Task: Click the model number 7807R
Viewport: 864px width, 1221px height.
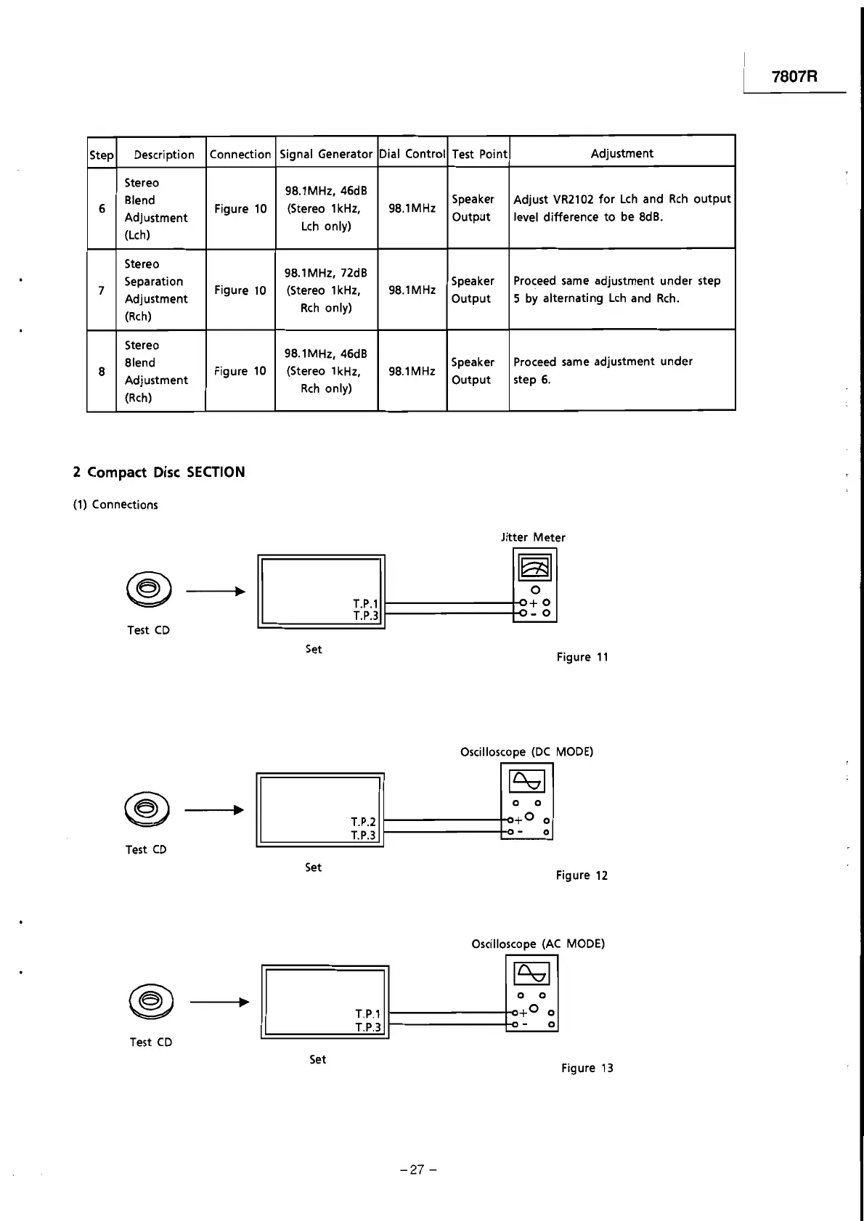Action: [794, 76]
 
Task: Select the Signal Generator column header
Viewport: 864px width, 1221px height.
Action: [326, 154]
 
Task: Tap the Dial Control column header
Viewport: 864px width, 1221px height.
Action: [412, 154]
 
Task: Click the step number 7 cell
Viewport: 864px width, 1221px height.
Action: [102, 290]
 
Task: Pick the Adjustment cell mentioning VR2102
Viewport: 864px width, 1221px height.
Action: [621, 208]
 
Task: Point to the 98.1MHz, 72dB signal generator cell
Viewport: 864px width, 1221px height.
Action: [326, 290]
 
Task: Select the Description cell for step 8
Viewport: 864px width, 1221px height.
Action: [155, 371]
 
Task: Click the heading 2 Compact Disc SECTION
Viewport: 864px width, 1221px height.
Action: [159, 473]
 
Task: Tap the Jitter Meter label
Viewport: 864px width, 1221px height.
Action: [533, 538]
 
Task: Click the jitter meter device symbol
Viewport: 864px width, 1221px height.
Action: [535, 585]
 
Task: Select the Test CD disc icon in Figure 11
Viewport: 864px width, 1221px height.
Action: [148, 589]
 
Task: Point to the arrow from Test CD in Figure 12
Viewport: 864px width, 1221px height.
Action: [214, 810]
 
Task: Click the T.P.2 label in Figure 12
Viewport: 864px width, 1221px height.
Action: [363, 822]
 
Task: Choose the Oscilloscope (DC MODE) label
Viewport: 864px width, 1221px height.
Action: [526, 752]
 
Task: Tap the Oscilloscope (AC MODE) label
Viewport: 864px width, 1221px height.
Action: [538, 944]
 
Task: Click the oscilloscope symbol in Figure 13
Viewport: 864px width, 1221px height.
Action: [531, 992]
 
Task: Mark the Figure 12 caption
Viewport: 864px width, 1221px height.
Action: [582, 875]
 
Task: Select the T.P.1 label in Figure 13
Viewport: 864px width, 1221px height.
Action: [367, 1013]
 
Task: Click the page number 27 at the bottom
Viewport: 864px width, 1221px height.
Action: [416, 1169]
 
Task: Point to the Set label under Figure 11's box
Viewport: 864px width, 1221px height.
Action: [314, 649]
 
